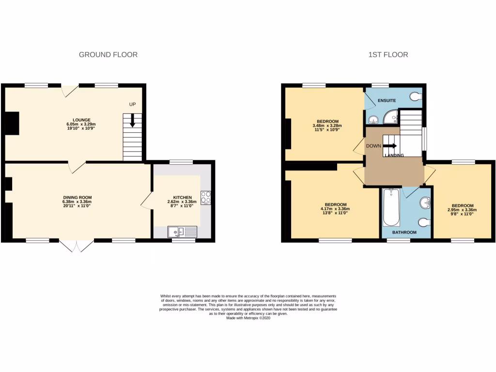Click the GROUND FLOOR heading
108,55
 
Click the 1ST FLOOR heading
388,55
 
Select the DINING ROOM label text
77,197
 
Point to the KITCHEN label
183,198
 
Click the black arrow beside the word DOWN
390,145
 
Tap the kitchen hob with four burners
205,198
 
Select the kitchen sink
182,232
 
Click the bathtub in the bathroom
390,208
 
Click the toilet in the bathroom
424,222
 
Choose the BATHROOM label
404,232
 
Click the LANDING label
394,155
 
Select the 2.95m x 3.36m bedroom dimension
462,210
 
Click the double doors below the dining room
78,246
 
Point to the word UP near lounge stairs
132,104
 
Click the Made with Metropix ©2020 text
248,318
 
